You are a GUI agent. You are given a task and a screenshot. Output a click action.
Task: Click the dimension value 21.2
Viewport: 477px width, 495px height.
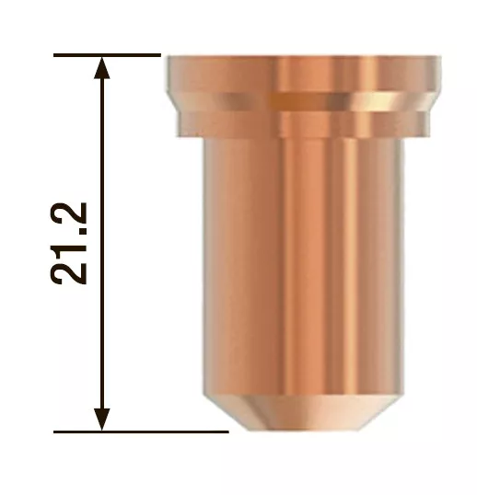pyautogui.click(x=68, y=244)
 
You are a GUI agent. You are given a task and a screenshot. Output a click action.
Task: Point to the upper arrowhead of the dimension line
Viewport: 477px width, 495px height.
pyautogui.click(x=101, y=67)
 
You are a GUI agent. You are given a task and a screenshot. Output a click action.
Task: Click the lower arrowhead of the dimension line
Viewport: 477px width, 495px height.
pyautogui.click(x=101, y=420)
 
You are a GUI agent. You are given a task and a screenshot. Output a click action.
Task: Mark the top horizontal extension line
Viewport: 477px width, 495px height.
pyautogui.click(x=107, y=55)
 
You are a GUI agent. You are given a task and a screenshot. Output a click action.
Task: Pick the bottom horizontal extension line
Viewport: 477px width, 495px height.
pyautogui.click(x=141, y=432)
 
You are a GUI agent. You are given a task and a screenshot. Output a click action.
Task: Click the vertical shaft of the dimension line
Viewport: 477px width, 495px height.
pyautogui.click(x=101, y=244)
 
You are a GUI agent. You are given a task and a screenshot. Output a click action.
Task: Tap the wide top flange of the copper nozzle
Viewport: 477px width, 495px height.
pyautogui.click(x=303, y=74)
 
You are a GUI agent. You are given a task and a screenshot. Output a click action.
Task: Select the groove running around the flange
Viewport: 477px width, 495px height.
pyautogui.click(x=303, y=101)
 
